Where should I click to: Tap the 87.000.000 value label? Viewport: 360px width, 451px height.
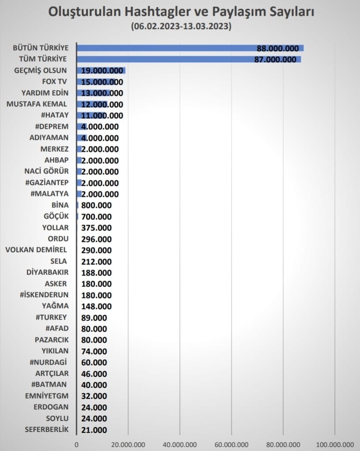(x=275, y=60)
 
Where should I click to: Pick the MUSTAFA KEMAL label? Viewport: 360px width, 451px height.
(x=37, y=104)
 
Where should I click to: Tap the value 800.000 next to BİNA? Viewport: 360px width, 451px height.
(x=96, y=205)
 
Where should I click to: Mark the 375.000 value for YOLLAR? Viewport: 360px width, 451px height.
(x=96, y=228)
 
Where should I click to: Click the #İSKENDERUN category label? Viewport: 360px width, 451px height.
(x=44, y=295)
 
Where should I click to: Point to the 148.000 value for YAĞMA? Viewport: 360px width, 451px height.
(x=96, y=306)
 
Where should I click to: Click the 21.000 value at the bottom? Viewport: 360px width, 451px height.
(x=94, y=430)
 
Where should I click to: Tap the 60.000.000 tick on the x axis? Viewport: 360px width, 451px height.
(x=231, y=444)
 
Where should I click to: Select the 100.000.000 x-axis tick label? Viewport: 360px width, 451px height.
(x=334, y=444)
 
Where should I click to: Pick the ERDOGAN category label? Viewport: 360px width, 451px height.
(x=51, y=407)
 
